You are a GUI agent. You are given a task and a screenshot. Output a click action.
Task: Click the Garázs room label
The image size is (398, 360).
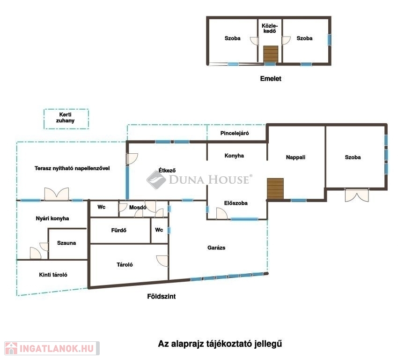[216, 247]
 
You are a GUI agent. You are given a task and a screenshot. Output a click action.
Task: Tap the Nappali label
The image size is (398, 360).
[295, 157]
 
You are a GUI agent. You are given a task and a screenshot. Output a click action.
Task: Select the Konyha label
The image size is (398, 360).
[234, 156]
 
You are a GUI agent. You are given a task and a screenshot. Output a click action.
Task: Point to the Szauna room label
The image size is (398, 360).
[66, 243]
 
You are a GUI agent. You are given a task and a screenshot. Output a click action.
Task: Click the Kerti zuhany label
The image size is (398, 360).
[65, 118]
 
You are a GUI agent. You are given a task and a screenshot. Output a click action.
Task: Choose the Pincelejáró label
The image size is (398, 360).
[235, 133]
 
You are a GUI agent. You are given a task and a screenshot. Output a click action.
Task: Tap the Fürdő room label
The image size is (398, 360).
[118, 230]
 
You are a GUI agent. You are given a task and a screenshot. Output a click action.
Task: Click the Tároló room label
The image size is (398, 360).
[125, 264]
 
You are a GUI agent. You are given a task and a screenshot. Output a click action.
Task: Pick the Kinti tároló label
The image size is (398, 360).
[53, 275]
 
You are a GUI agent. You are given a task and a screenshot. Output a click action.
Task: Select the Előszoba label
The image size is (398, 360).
[236, 203]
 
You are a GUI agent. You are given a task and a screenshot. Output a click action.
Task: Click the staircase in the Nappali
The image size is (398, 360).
[275, 188]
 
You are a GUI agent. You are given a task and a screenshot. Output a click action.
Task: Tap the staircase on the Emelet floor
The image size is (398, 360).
[271, 54]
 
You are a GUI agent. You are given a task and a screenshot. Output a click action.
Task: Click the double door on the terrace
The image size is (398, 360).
[57, 194]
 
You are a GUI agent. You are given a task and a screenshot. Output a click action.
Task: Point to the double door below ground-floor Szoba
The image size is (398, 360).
[357, 195]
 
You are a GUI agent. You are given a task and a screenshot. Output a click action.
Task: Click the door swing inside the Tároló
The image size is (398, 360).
[162, 261]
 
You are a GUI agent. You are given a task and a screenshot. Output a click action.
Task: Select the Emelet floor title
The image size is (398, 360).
[271, 78]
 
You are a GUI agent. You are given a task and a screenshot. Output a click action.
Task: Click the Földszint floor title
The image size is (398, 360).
[162, 296]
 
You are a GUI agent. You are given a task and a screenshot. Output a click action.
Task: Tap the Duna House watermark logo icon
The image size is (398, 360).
[156, 180]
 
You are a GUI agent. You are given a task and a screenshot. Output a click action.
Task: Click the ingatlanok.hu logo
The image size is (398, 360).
[52, 348]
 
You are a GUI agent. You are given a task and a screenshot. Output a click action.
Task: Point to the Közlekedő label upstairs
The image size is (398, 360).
[270, 29]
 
